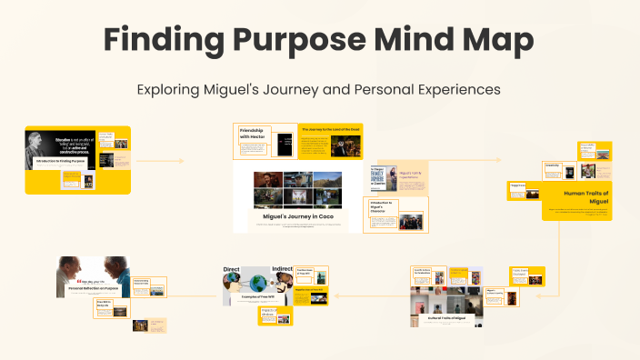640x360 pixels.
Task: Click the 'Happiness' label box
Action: pyautogui.click(x=519, y=185)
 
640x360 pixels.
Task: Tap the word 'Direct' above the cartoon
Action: pyautogui.click(x=232, y=271)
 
